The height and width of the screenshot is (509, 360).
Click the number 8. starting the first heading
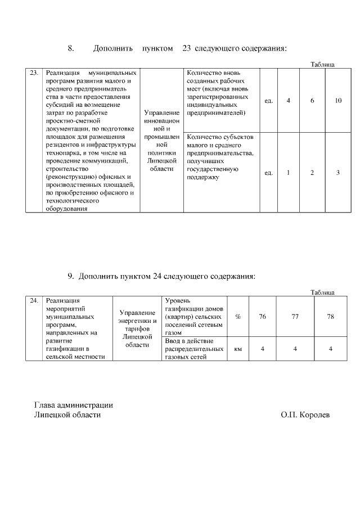coord(71,48)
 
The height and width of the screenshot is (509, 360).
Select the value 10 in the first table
coord(338,101)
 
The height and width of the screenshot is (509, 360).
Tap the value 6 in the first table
coord(312,101)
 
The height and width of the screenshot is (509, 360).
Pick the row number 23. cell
coord(34,73)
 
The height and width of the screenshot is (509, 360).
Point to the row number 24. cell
coord(34,301)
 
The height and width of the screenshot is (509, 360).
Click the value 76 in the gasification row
coord(262,317)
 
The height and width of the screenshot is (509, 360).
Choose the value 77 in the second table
coord(295,317)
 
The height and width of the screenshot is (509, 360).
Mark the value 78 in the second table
coord(330,317)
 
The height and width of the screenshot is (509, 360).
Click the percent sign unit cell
coord(238,317)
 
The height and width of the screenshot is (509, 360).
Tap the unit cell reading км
coord(238,349)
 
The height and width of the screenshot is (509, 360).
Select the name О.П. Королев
coord(305,415)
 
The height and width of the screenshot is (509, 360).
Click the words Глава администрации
coord(74,405)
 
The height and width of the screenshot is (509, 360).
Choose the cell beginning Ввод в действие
coord(193,349)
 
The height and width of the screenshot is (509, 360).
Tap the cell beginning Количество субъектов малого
coord(221,157)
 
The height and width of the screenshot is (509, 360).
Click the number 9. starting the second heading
coord(71,276)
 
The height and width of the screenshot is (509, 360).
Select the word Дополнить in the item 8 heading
coord(112,48)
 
